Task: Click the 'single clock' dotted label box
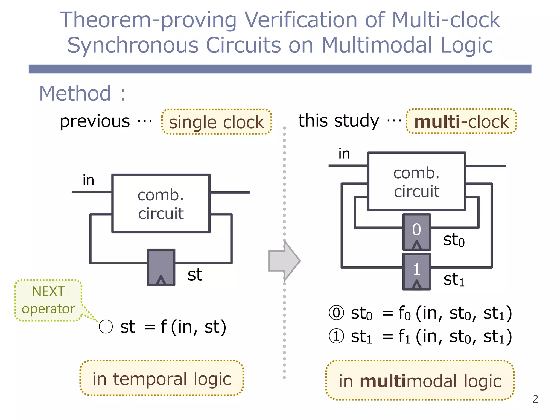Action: [x=216, y=122]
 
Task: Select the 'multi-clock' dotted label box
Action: [x=461, y=121]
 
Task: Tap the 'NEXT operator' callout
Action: [x=48, y=300]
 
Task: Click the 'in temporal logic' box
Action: [x=162, y=378]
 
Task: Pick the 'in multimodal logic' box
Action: [x=420, y=381]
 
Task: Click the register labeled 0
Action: [x=416, y=232]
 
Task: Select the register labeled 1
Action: [x=416, y=272]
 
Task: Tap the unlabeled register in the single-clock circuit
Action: [x=161, y=267]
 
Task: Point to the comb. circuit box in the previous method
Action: [x=161, y=203]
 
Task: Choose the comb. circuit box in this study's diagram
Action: [x=416, y=182]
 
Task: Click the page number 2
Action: [x=535, y=399]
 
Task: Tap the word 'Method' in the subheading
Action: [x=75, y=94]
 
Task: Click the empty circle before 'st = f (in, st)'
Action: [x=106, y=326]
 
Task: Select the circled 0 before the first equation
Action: [x=336, y=313]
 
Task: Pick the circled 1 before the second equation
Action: [x=336, y=336]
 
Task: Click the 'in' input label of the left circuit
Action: [x=88, y=180]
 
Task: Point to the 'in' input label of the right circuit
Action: [x=344, y=154]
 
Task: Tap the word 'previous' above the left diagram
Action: [x=95, y=121]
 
